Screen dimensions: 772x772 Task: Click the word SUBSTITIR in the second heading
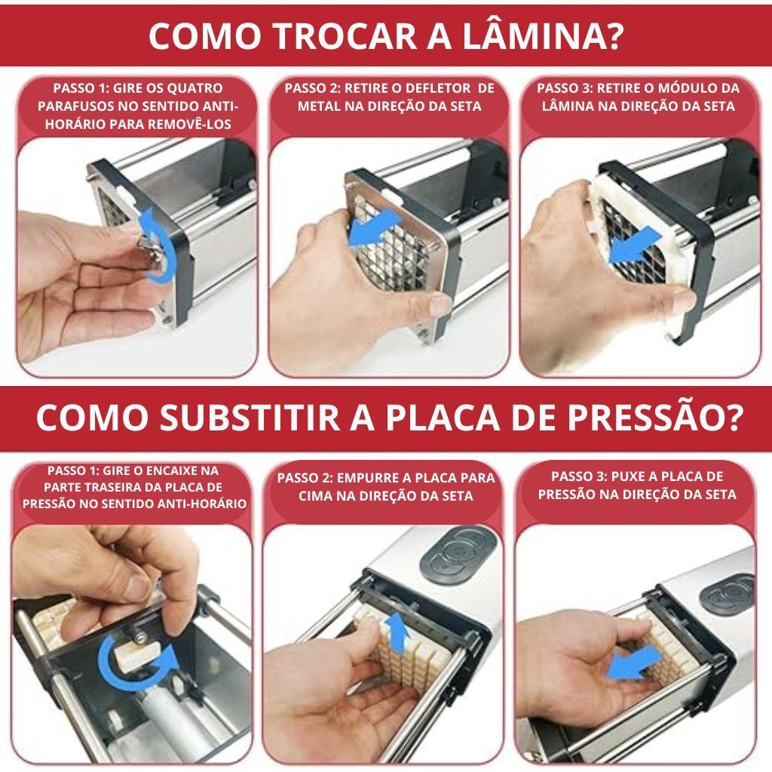coord(250,418)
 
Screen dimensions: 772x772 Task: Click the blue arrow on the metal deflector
coord(373,226)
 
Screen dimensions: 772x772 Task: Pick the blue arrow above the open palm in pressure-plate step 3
coord(634,662)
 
